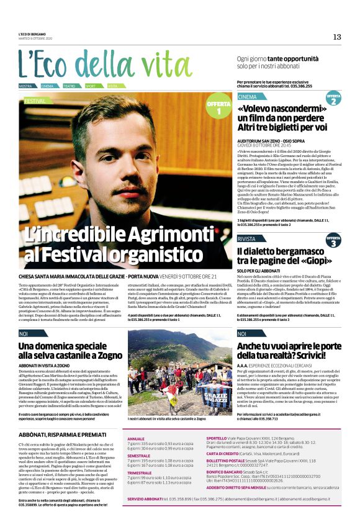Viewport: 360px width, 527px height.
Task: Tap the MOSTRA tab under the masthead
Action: (x=26, y=86)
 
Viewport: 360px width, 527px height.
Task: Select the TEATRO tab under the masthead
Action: (x=70, y=86)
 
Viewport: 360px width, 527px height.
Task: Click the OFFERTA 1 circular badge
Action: (x=219, y=107)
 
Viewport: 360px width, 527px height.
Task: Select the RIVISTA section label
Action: (x=246, y=238)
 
